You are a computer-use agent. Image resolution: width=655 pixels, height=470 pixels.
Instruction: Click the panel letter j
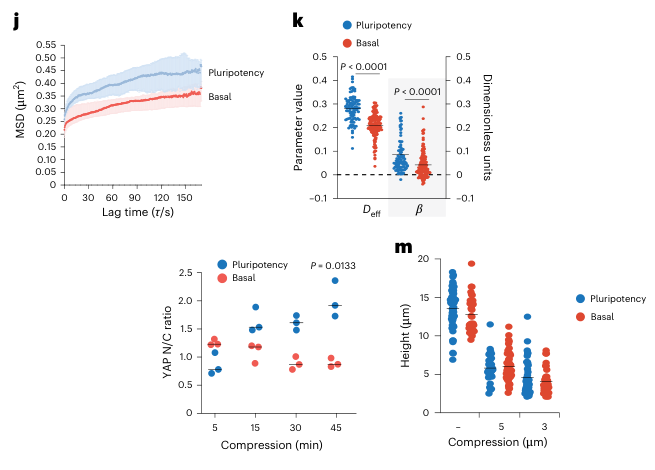(x=16, y=23)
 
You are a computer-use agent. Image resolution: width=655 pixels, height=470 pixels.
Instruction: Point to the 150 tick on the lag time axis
(x=182, y=198)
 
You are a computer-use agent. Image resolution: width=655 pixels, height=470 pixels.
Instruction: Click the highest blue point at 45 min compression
(x=335, y=281)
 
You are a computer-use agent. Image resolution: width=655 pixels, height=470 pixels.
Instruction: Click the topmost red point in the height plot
(x=471, y=264)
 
